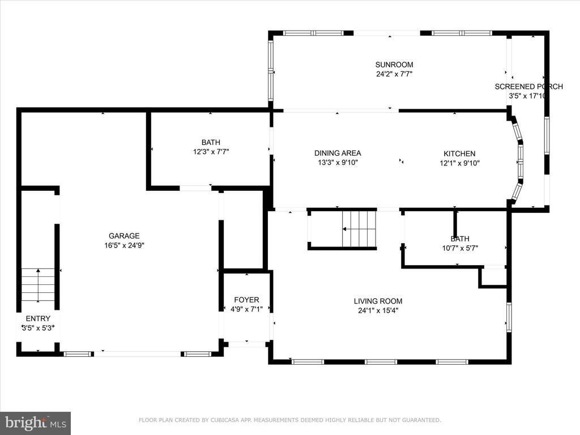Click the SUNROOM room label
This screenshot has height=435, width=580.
pos(394,65)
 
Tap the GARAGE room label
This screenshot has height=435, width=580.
pos(124,236)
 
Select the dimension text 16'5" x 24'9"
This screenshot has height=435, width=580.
pos(124,245)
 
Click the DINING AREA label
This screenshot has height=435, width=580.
pos(338,153)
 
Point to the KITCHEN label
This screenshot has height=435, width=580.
pos(459,153)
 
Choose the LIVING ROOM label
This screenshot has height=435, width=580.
pos(378,301)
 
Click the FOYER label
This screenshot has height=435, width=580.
pos(246,300)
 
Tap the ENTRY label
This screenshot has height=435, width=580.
pos(38,318)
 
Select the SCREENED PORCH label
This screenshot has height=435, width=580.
pos(528,87)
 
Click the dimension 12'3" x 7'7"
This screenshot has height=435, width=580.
pos(211,152)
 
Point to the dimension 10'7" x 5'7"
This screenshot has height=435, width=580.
pos(460,248)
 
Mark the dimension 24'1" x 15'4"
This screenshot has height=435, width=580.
pos(378,311)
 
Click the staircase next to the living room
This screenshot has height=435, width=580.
pos(359,229)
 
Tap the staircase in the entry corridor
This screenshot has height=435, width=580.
pos(38,285)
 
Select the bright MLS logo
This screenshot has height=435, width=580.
pos(36,423)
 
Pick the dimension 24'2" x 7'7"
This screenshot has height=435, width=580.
pos(394,74)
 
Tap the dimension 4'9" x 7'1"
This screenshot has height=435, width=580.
pos(246,309)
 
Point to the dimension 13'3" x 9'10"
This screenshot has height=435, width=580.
pos(338,163)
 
